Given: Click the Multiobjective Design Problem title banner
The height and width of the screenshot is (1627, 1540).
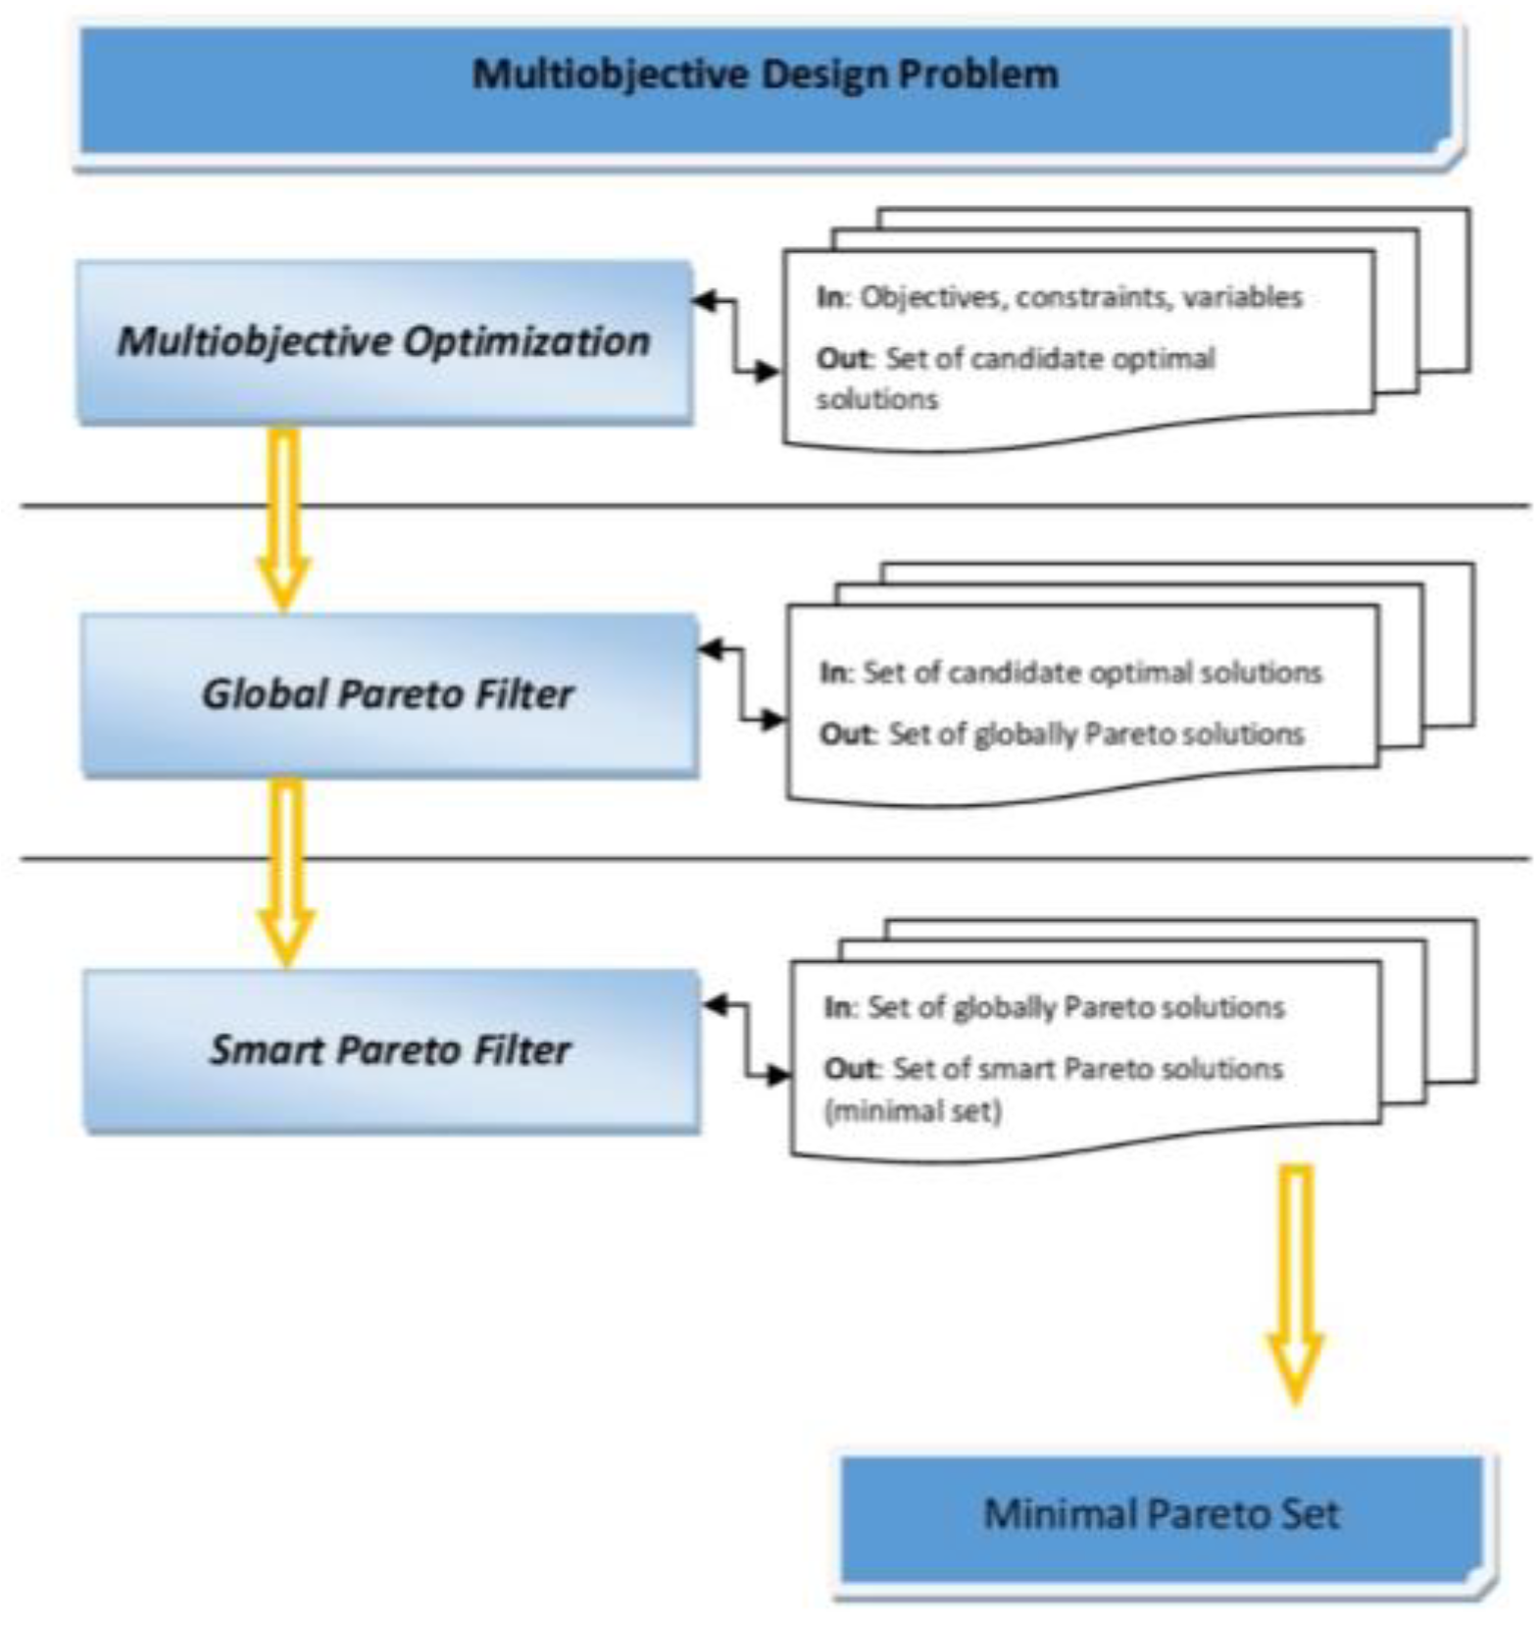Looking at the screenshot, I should [765, 93].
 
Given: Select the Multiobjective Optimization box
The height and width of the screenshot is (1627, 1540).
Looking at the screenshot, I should [384, 341].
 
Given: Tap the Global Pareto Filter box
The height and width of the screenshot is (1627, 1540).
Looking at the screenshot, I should [388, 694].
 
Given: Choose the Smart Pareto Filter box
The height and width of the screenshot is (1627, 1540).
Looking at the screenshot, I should [390, 1050].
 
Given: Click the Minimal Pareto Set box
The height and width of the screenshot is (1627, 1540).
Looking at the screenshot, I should [1163, 1514].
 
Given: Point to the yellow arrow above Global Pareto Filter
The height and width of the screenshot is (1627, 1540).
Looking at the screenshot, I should [283, 520].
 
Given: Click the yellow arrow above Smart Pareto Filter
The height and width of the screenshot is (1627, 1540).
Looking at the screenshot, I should [285, 873].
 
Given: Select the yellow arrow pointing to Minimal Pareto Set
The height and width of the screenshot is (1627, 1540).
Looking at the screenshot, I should [1295, 1285].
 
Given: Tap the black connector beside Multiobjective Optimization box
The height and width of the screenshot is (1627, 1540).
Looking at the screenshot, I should [737, 336].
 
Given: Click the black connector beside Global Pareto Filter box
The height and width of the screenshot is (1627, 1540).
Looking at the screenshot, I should [742, 685].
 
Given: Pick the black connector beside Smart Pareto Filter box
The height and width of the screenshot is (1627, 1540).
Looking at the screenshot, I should [746, 1041].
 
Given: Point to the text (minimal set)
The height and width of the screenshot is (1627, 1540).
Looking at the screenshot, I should [913, 1112].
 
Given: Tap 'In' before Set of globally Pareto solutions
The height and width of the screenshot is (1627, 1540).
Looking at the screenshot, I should [836, 1007].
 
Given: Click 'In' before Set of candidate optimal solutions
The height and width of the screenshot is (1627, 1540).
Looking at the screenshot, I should [833, 673].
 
